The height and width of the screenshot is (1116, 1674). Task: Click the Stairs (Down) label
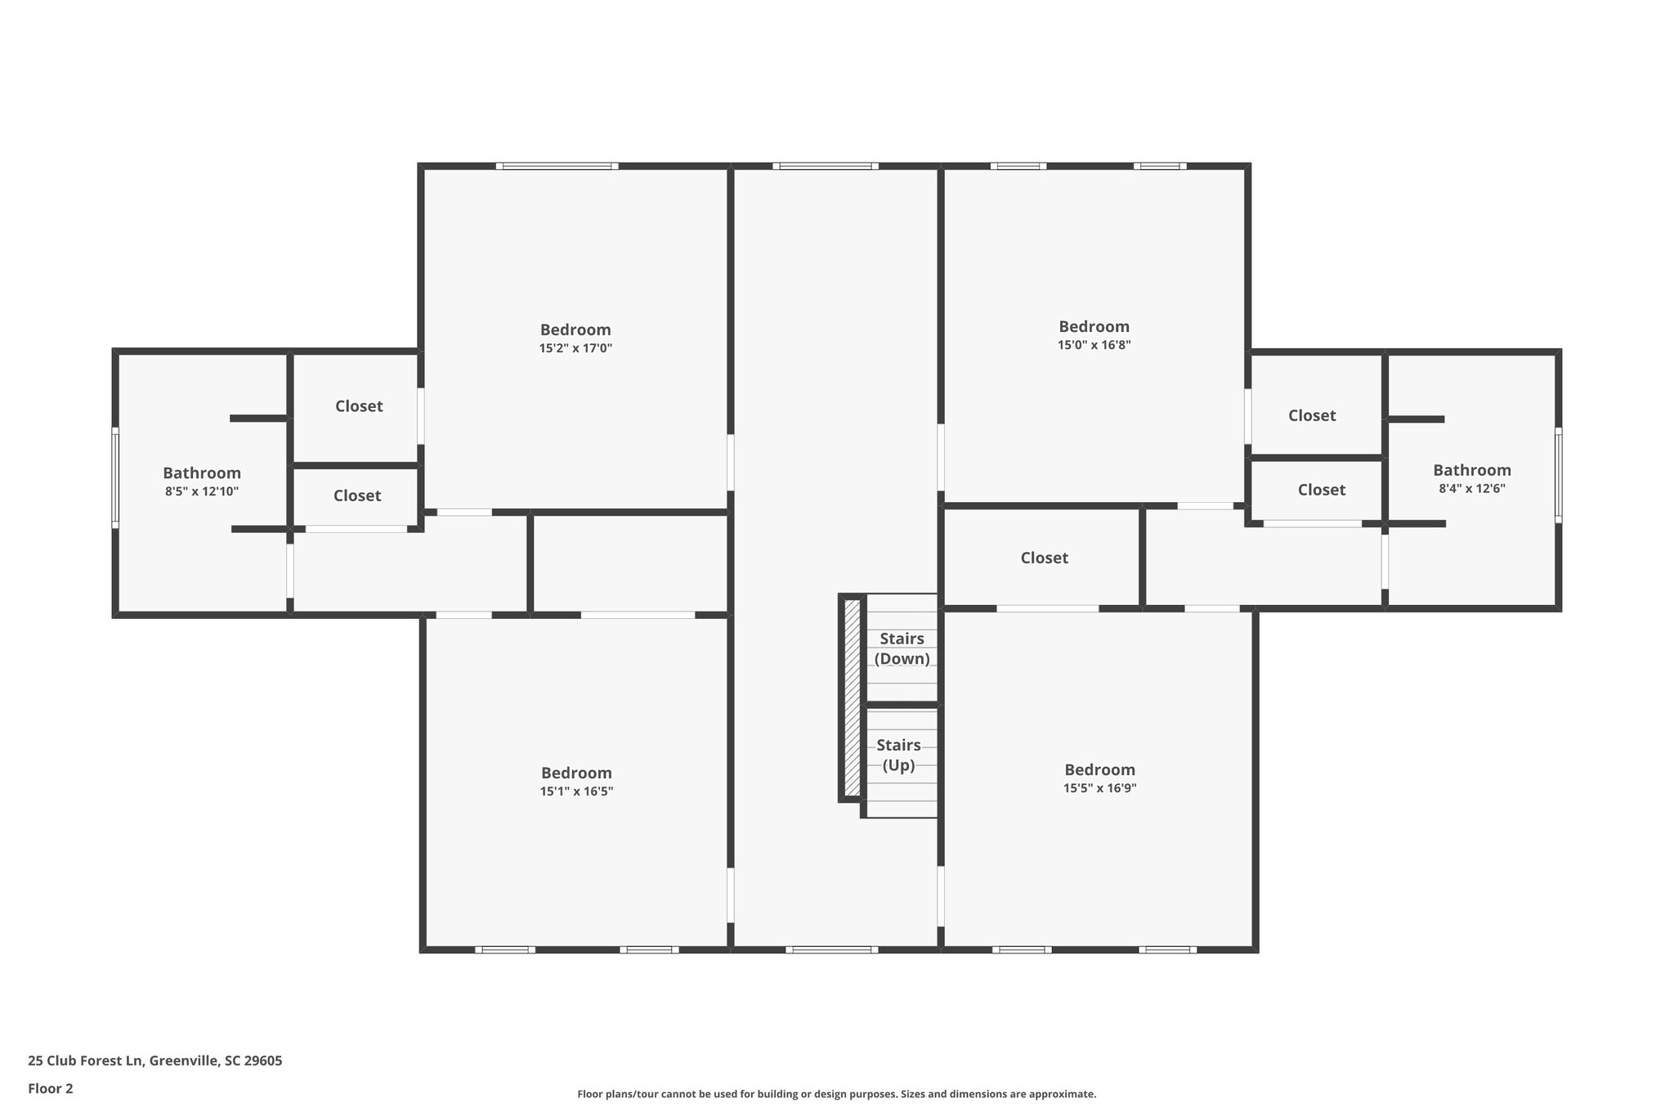(902, 648)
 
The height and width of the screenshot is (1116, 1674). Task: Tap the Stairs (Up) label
(898, 755)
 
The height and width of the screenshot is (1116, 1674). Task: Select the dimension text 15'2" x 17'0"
(575, 348)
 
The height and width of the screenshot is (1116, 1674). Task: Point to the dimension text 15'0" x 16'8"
(1094, 345)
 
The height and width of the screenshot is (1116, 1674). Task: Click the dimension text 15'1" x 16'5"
(576, 791)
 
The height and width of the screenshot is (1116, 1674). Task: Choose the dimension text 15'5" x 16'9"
(1099, 788)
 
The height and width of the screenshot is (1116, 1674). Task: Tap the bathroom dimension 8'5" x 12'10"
(202, 491)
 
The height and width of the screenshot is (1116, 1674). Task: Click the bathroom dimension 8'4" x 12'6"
(1471, 489)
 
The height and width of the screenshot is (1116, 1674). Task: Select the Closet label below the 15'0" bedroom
(1044, 558)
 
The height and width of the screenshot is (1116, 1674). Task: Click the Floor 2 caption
(51, 1088)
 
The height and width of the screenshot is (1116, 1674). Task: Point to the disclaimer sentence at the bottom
(836, 1094)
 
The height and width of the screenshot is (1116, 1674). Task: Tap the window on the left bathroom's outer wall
(115, 477)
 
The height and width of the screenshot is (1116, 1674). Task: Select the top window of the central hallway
(826, 166)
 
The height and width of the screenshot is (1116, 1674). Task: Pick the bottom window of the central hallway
(832, 949)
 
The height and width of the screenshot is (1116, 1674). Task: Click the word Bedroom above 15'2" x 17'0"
(575, 329)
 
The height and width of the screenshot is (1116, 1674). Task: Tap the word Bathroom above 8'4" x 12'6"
(1471, 470)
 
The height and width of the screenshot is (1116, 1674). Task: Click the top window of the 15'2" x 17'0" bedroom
(557, 166)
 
